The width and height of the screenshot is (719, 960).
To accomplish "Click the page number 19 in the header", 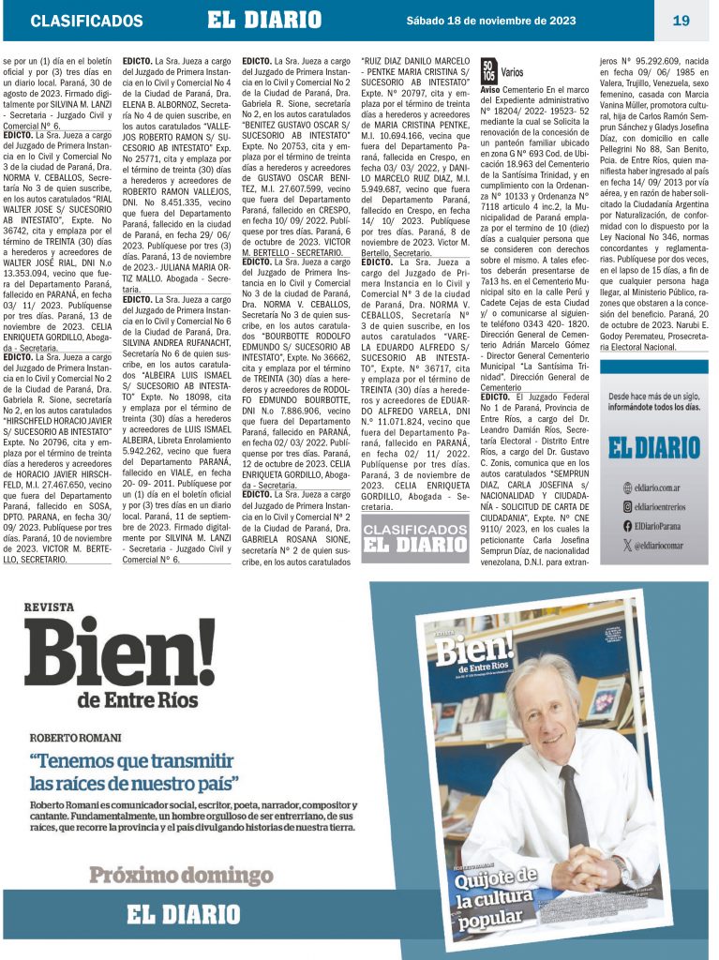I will pos(681,20).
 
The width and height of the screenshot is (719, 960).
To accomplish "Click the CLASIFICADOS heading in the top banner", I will pos(86,21).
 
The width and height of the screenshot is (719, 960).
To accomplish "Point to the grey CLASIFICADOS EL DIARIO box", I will pos(415,537).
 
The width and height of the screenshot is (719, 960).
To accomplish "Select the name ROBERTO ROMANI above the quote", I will pos(75,737).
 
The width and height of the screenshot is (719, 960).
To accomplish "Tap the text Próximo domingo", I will pos(180,876).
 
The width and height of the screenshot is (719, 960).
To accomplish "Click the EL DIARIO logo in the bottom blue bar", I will pos(184,913).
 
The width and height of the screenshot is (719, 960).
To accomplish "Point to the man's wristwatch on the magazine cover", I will pos(622,873).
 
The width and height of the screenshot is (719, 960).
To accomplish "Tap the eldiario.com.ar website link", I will pos(661,487).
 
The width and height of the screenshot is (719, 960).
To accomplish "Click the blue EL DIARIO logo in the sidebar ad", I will pos(653,447).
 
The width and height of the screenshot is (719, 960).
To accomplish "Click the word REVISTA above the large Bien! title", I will pos(49,607).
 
